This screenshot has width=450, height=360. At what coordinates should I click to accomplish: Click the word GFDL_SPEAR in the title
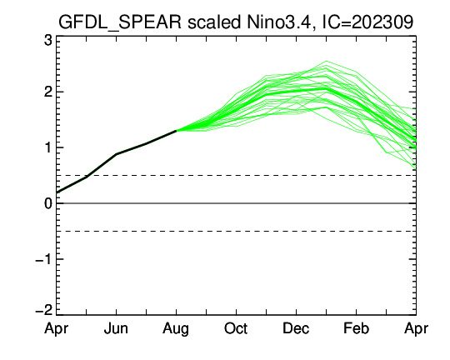(x=120, y=22)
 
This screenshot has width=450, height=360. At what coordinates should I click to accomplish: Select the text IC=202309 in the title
(x=367, y=22)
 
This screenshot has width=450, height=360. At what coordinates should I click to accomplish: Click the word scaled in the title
(x=214, y=22)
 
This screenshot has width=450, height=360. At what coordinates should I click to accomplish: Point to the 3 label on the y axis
(x=48, y=41)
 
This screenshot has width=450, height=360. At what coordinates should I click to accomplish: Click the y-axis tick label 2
(x=48, y=92)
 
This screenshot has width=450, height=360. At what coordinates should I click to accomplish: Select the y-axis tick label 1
(x=48, y=147)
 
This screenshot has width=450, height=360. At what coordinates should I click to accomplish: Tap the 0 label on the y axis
(x=48, y=203)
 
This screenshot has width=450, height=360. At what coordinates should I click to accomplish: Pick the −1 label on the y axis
(x=43, y=259)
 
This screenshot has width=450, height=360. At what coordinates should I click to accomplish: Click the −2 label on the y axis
(x=43, y=310)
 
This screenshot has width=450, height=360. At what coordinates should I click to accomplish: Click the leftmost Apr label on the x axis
(x=57, y=329)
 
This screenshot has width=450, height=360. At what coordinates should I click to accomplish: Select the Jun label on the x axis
(x=116, y=328)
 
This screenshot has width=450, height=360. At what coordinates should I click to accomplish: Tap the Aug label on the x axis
(x=176, y=329)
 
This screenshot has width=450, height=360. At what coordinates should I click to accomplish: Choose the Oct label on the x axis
(x=236, y=328)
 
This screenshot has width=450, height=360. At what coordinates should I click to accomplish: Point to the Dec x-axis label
(x=296, y=328)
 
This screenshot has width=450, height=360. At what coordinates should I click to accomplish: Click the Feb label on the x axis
(x=356, y=328)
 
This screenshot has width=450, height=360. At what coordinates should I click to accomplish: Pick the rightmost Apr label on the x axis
(x=416, y=329)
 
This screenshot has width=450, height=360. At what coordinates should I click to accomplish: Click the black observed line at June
(x=116, y=154)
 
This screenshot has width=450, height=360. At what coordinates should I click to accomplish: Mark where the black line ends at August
(x=176, y=131)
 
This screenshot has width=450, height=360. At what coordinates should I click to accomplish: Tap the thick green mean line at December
(x=296, y=92)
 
